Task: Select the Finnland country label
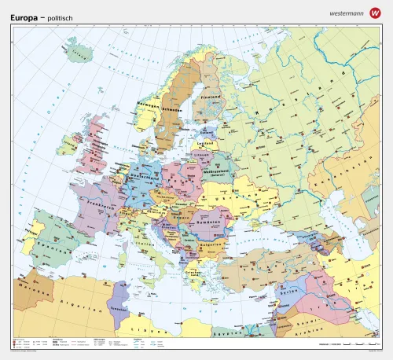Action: coord(208,97)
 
